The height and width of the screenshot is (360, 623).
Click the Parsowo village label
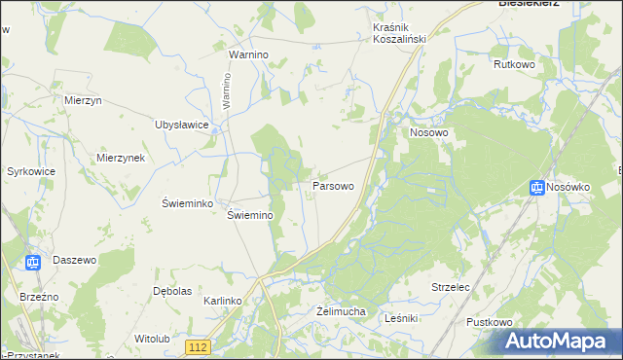pyautogui.click(x=332, y=184)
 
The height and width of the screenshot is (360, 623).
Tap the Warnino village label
pyautogui.click(x=248, y=55)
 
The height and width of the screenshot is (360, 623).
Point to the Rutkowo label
pyautogui.click(x=515, y=65)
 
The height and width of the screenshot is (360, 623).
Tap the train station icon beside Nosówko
pyautogui.click(x=536, y=187)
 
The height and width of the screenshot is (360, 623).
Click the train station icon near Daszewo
pyautogui.click(x=32, y=261)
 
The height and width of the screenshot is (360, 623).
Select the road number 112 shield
pyautogui.click(x=199, y=346)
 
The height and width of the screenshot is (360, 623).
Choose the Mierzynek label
pyautogui.click(x=121, y=158)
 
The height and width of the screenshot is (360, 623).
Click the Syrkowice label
pyautogui.click(x=29, y=171)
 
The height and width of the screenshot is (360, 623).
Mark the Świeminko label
pyautogui.click(x=181, y=202)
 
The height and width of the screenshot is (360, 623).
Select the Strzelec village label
pyautogui.click(x=451, y=287)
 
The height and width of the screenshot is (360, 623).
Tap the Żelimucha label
pyautogui.click(x=341, y=311)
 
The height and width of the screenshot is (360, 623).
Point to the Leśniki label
pyautogui.click(x=401, y=317)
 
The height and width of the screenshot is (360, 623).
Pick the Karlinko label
pyautogui.click(x=222, y=302)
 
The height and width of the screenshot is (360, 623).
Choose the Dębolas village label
pyautogui.click(x=172, y=291)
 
